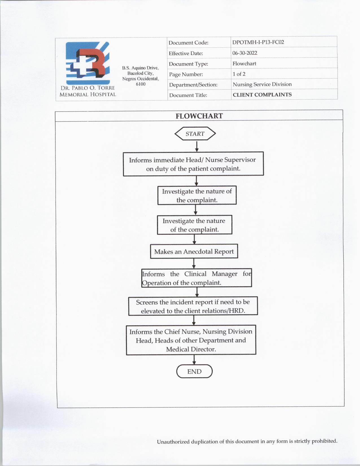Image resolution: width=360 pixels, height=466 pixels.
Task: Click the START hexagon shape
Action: coord(195,134)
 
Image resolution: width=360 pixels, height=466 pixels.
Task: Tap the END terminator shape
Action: coord(194,371)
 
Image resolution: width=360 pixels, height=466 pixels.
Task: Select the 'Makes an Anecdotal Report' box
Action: coord(194,251)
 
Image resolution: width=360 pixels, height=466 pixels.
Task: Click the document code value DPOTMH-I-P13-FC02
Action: coord(258,42)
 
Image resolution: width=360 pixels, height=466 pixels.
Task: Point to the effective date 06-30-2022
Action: coord(245,53)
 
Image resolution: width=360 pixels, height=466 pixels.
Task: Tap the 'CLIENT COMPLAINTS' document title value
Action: coord(262,95)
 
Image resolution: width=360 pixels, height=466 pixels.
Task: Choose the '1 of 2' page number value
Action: coord(239,74)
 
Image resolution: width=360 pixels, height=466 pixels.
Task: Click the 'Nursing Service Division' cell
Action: coord(262,84)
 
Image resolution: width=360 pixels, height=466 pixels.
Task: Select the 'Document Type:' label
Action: coord(188,64)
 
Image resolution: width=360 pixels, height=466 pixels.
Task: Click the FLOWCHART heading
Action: coord(199,116)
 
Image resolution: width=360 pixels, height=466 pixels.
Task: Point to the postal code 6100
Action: coord(141,84)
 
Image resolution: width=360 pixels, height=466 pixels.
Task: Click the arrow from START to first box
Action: coord(197,146)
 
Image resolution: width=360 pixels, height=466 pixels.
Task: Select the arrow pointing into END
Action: coord(194,360)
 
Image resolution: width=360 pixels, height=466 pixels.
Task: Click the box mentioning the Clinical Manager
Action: coord(197,278)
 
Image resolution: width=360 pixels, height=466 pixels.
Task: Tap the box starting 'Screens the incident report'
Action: coord(193,306)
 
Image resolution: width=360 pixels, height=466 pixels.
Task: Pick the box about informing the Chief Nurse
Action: coord(191,340)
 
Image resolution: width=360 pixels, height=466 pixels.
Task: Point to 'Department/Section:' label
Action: coord(193,85)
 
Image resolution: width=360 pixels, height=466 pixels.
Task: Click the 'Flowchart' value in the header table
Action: coord(244,64)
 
